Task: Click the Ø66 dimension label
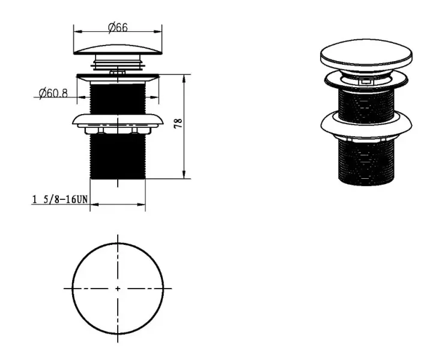[x=118, y=28]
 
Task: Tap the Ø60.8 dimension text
[x=53, y=93]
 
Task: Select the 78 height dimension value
[x=179, y=123]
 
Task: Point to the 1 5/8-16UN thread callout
[x=60, y=199]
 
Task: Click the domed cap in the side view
[x=118, y=50]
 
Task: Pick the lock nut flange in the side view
[x=118, y=121]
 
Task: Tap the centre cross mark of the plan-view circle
[x=118, y=289]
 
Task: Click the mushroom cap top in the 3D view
[x=366, y=55]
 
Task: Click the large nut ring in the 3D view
[x=366, y=125]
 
